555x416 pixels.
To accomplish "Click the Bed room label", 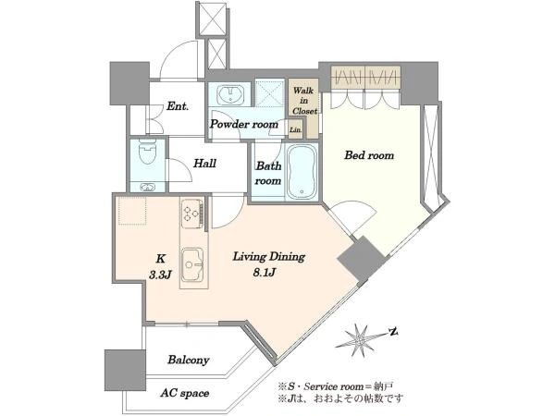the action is [x=369, y=155].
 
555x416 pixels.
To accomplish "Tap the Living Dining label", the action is [x=268, y=256].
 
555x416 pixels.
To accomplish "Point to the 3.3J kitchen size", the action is [x=160, y=275].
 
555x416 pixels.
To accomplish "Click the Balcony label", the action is [x=189, y=361].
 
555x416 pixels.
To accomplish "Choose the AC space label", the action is [x=184, y=393].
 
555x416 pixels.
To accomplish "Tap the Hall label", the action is [x=205, y=164].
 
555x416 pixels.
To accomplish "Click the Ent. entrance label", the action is [x=178, y=106].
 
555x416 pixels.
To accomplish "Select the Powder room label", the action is [x=244, y=124].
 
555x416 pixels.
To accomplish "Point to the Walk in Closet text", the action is [x=303, y=101].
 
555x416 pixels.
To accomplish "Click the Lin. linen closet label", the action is [x=296, y=129].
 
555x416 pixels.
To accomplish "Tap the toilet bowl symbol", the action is [x=148, y=153].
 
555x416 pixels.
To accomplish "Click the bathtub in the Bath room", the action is [x=302, y=172].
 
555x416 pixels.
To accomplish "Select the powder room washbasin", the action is [x=230, y=93].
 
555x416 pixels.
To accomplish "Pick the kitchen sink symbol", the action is [x=192, y=263].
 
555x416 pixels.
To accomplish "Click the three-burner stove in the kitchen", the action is [x=193, y=214].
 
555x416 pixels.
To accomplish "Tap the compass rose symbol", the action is [x=360, y=340].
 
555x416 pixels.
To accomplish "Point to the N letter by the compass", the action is [x=394, y=332].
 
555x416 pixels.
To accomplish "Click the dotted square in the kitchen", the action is [x=132, y=211].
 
